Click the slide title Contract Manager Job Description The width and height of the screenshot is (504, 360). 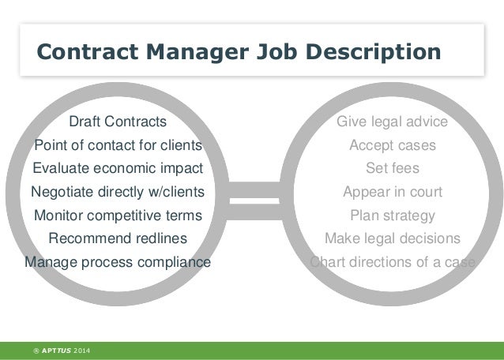[x=239, y=51]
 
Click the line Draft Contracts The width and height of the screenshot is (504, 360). [x=118, y=122]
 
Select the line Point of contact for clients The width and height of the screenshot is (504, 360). [x=118, y=145]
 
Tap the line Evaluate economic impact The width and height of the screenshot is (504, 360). [x=118, y=168]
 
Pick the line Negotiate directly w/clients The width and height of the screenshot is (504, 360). [x=117, y=192]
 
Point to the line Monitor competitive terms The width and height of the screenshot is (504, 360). [x=118, y=215]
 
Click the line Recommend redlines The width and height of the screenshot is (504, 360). [x=118, y=238]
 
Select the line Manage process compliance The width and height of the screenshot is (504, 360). [x=118, y=261]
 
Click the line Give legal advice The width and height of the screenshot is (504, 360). [x=392, y=122]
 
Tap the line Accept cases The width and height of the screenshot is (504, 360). [x=392, y=145]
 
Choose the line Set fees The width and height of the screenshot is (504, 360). [x=392, y=168]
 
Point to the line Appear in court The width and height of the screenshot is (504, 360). [x=392, y=192]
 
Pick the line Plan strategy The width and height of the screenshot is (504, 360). [x=392, y=215]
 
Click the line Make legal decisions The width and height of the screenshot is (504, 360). [x=392, y=238]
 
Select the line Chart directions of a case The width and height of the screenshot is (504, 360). [x=392, y=261]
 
